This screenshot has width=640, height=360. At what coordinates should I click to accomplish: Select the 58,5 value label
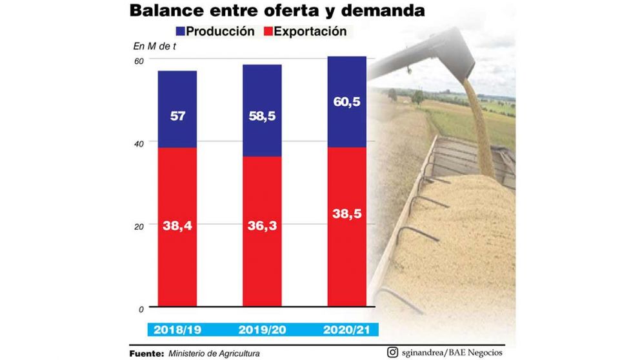(x=261, y=117)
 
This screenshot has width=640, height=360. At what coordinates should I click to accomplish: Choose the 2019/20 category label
(x=261, y=330)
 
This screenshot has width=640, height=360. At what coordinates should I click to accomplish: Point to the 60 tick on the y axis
(x=138, y=60)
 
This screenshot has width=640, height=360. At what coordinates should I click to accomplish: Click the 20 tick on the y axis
(x=138, y=225)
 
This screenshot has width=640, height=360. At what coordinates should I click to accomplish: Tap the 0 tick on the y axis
(x=141, y=309)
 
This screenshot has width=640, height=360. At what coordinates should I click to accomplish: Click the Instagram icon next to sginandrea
(x=392, y=352)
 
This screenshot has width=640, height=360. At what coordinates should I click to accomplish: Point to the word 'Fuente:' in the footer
(x=146, y=354)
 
